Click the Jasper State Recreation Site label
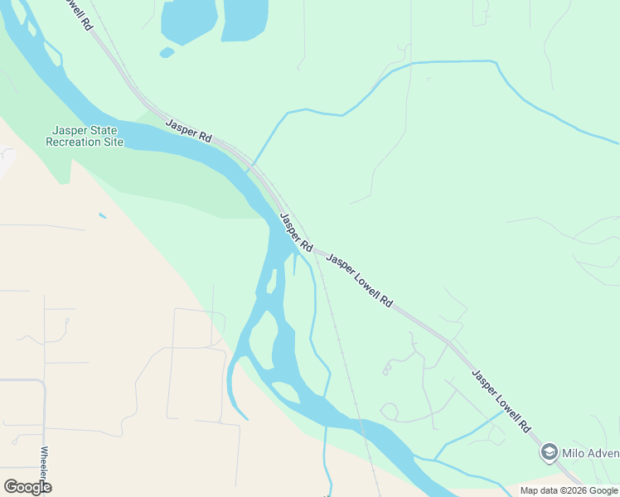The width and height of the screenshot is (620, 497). (85, 136)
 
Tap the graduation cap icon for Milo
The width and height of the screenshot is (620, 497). (549, 452)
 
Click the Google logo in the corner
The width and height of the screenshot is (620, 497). (27, 486)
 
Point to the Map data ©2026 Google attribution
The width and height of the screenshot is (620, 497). (569, 490)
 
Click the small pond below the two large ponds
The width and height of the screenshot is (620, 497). (167, 52)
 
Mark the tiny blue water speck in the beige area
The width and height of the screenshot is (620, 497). (102, 216)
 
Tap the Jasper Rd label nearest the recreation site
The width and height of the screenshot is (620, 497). (189, 130)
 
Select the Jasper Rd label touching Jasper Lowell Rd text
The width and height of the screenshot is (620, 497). (296, 233)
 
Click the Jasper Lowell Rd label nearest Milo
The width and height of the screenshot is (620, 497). (501, 401)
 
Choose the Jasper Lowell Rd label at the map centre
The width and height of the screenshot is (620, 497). (360, 281)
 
